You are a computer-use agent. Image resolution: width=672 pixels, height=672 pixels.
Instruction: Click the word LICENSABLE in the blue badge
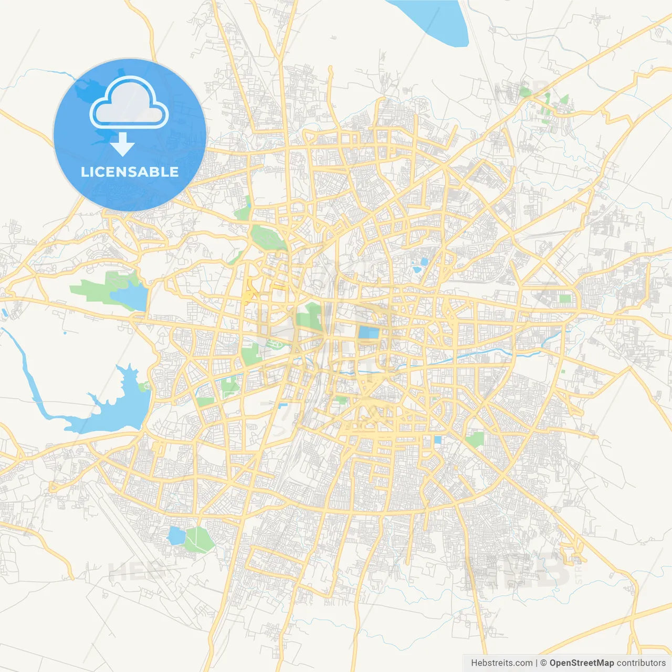coord(130,172)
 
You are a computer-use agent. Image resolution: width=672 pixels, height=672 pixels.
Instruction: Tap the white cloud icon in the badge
coord(129,103)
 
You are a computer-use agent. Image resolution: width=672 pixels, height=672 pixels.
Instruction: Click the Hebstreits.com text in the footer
coord(501,663)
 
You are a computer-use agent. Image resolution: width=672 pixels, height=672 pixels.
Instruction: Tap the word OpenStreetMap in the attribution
coord(581,663)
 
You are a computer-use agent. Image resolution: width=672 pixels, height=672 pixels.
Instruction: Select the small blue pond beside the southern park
coord(176,535)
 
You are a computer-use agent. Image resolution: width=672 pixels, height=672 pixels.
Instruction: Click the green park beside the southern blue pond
coord(198,539)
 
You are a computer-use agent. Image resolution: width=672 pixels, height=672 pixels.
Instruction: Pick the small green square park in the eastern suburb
coord(565,299)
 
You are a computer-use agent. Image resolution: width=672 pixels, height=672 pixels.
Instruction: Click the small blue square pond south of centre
coord(437,440)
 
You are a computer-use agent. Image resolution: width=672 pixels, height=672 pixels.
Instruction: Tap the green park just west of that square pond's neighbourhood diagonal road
coord(475,440)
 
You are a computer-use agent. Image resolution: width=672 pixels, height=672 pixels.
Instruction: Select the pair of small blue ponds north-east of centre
coord(421,265)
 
